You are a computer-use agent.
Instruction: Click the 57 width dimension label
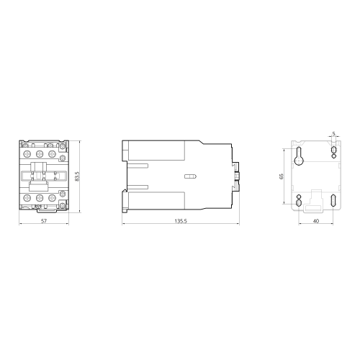click(44, 221)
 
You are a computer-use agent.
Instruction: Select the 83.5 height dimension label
click(77, 176)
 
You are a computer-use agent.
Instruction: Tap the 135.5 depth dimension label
click(181, 221)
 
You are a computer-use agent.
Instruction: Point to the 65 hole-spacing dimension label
click(282, 176)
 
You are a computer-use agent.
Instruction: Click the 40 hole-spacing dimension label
click(316, 221)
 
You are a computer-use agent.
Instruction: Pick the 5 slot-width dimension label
click(333, 133)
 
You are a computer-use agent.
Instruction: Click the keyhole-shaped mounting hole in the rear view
click(299, 156)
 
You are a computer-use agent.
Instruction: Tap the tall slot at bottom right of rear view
click(333, 201)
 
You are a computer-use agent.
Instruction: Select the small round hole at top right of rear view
click(334, 156)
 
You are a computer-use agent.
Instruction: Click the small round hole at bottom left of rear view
click(299, 197)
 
